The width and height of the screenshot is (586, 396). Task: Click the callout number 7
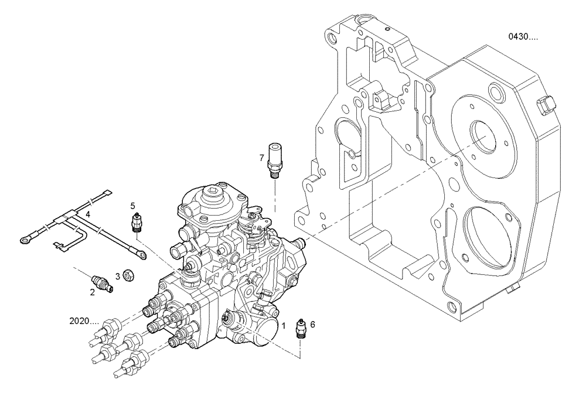point(262,157)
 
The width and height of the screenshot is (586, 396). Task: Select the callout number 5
point(133,206)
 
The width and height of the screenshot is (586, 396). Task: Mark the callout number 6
point(312,324)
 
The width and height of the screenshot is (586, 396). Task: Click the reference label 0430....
point(523,37)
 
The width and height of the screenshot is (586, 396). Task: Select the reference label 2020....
point(83,321)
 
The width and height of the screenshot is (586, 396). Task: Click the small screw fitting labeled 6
point(300,330)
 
